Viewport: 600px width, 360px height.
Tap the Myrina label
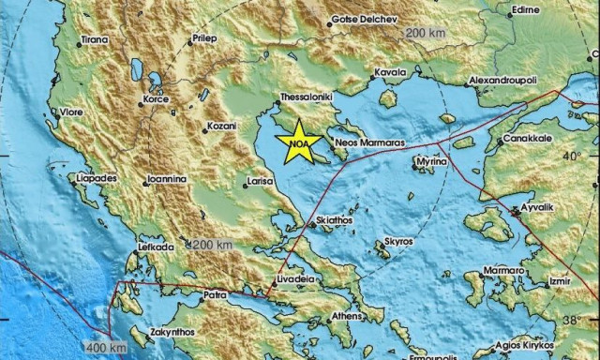[x=432, y=161]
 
